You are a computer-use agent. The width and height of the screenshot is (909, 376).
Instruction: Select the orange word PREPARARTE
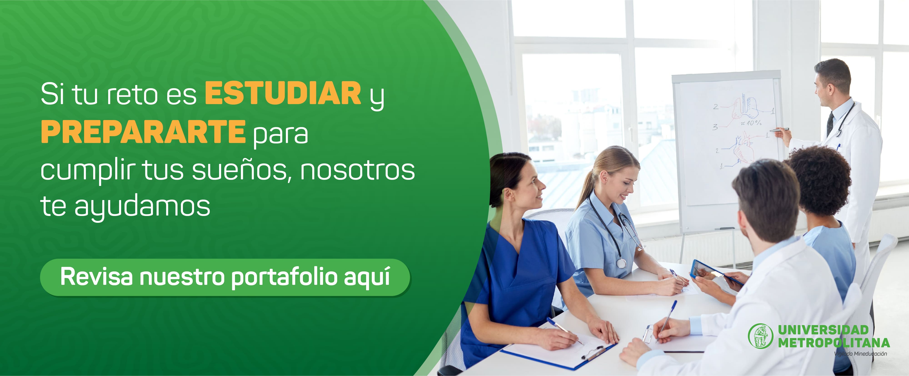[x=143, y=131]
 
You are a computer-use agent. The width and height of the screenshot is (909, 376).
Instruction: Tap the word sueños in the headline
[x=242, y=170]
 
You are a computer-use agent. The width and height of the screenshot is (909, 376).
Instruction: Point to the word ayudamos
[x=142, y=207]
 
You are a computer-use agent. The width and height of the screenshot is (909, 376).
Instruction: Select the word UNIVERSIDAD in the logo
[x=823, y=330]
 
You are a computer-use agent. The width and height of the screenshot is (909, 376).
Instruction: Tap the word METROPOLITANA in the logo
[x=834, y=342]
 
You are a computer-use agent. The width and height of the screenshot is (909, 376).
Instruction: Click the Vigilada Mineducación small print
[x=861, y=354]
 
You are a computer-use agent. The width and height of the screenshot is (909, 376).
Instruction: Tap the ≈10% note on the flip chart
[x=751, y=123]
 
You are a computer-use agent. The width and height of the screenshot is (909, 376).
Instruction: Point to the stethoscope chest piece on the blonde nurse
[x=621, y=263]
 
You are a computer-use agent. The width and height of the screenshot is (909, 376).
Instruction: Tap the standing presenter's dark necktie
[x=830, y=124]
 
